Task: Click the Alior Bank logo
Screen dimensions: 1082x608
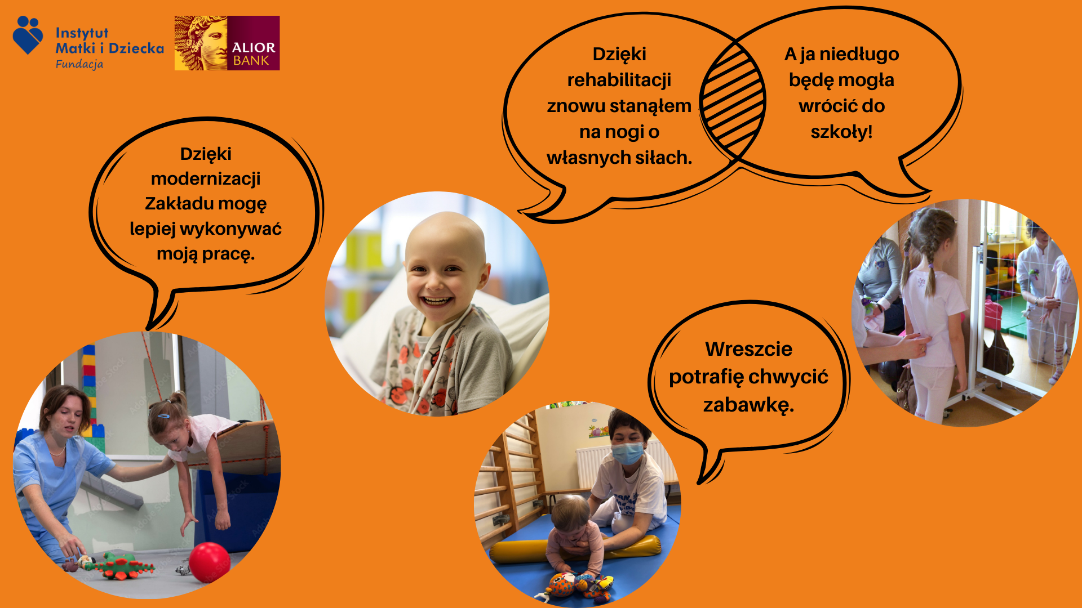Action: tap(227, 43)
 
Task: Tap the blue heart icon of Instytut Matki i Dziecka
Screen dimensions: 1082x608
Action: tap(28, 35)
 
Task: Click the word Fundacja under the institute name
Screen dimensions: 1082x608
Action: tap(79, 64)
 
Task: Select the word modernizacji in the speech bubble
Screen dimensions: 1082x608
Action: tap(206, 178)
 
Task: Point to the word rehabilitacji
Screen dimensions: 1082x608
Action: tap(619, 80)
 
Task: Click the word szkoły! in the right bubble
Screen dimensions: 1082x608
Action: tap(841, 132)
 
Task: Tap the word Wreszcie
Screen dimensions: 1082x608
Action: tap(748, 349)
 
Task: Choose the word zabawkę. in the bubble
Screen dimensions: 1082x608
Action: tap(748, 405)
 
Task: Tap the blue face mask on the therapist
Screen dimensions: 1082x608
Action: tap(628, 453)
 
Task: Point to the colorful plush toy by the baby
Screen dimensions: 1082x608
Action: tap(578, 587)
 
